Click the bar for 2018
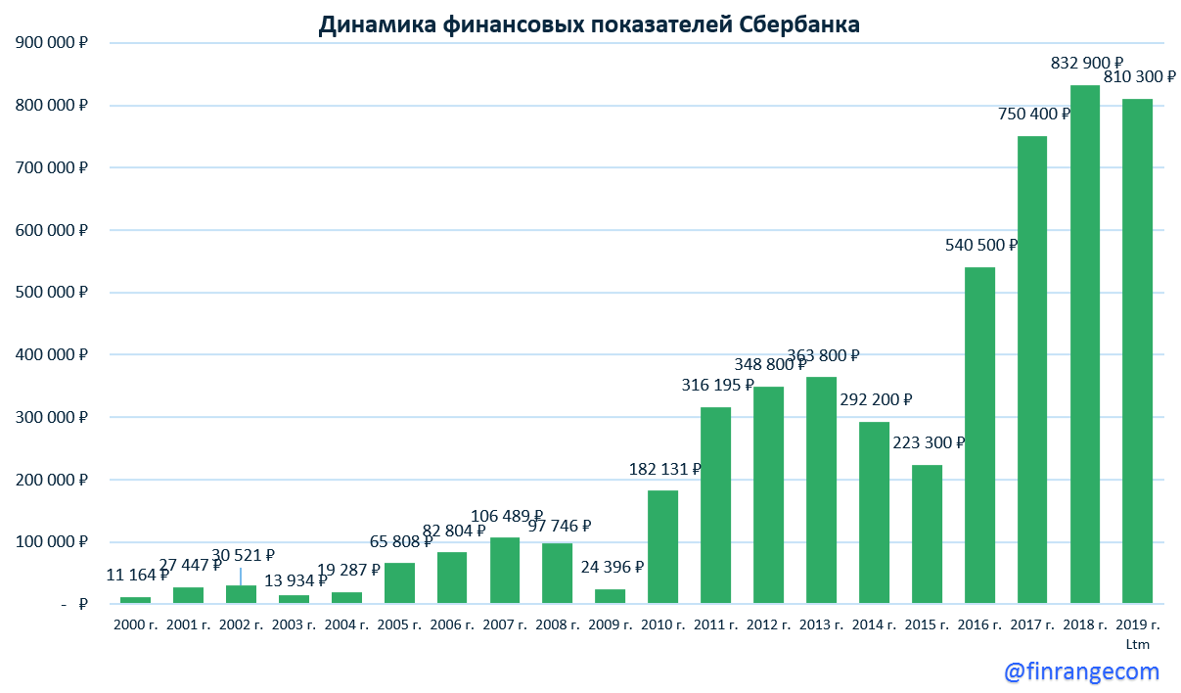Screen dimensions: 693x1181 tap(1084, 343)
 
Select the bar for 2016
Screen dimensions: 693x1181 tap(978, 436)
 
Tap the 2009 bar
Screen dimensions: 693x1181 tap(610, 596)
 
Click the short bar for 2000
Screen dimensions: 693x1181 tap(135, 600)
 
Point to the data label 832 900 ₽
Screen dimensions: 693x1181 tap(1087, 63)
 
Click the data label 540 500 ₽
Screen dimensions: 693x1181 tap(981, 245)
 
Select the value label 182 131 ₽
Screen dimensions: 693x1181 tap(665, 469)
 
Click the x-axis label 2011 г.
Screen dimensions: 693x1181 tap(716, 624)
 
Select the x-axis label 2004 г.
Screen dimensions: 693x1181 tap(346, 624)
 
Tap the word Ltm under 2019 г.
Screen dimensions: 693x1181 tap(1137, 644)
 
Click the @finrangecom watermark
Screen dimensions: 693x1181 tap(1081, 671)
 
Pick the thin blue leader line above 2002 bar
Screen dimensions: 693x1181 tap(241, 576)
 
